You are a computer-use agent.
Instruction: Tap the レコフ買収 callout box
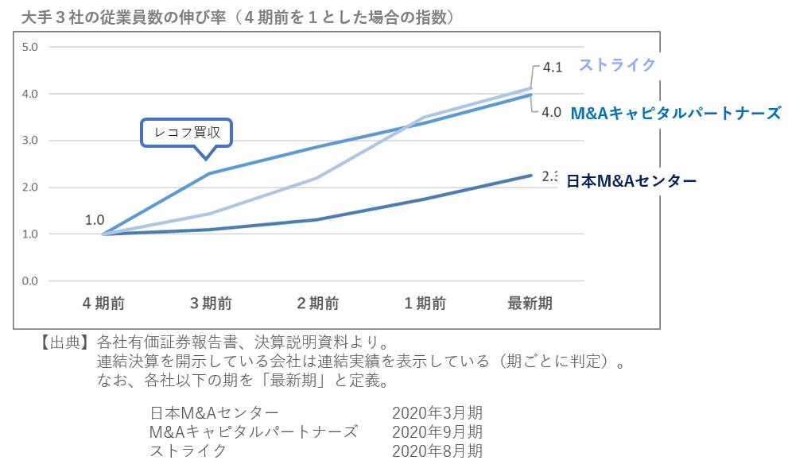(x=187, y=133)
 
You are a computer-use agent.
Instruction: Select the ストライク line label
(x=617, y=65)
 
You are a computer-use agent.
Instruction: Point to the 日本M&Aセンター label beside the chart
(x=631, y=181)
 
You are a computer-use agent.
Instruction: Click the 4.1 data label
(x=552, y=68)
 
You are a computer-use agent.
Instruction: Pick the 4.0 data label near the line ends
(x=551, y=112)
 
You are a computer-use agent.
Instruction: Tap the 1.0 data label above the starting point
(x=95, y=219)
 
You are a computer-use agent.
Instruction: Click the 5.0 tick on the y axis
(x=30, y=47)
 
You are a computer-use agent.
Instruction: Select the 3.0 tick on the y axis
(x=30, y=141)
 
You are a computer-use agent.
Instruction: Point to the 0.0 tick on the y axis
(x=30, y=280)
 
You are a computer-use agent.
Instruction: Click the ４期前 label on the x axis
(x=103, y=303)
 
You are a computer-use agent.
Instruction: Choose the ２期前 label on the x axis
(x=317, y=303)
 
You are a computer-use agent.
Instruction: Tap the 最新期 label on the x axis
(x=530, y=303)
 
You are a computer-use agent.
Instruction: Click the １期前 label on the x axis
(x=424, y=303)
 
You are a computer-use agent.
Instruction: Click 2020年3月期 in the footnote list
(x=437, y=413)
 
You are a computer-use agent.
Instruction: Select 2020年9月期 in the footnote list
(x=437, y=432)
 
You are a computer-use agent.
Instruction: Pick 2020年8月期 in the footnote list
(x=437, y=451)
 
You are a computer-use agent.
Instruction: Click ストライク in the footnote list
(x=188, y=451)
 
